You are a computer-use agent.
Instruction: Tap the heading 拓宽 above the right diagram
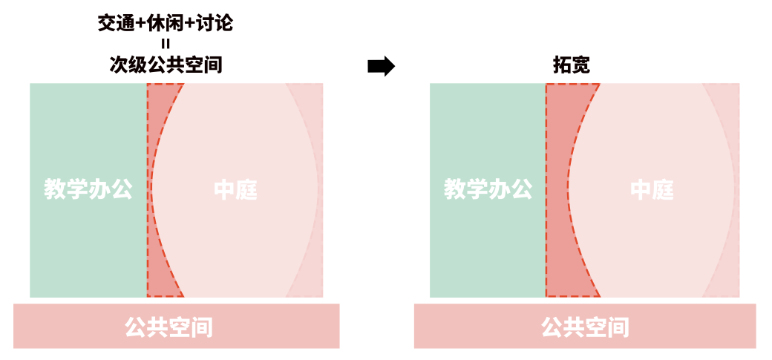click(x=572, y=65)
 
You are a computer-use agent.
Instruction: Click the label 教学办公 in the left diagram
click(x=88, y=189)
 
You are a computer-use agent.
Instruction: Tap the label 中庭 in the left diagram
click(x=235, y=190)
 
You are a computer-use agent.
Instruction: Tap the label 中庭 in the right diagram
click(x=652, y=190)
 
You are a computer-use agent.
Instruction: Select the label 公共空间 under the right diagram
click(x=585, y=327)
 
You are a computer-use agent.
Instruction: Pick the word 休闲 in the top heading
click(x=167, y=24)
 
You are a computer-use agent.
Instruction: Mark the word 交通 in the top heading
click(x=117, y=24)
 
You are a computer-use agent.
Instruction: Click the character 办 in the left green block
click(x=99, y=189)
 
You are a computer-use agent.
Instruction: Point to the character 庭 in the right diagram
click(x=663, y=190)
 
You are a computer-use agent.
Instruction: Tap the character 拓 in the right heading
click(x=562, y=65)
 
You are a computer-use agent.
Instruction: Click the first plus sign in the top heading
click(x=142, y=24)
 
